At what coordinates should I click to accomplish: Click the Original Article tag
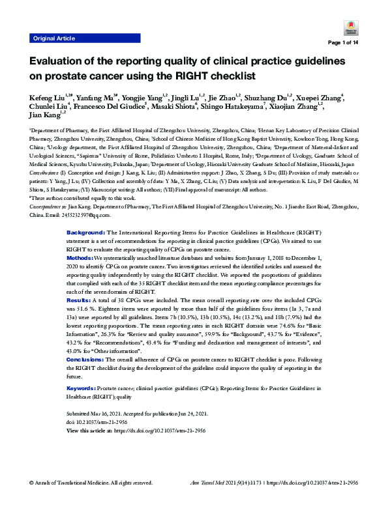coord(53,38)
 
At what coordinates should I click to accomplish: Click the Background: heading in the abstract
coord(86,233)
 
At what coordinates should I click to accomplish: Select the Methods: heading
coord(82,258)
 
